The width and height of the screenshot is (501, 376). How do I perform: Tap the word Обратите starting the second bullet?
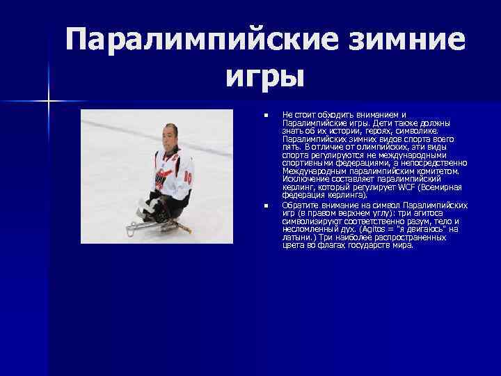tap(300, 205)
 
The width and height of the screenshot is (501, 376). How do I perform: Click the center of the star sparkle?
tap(49, 102)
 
